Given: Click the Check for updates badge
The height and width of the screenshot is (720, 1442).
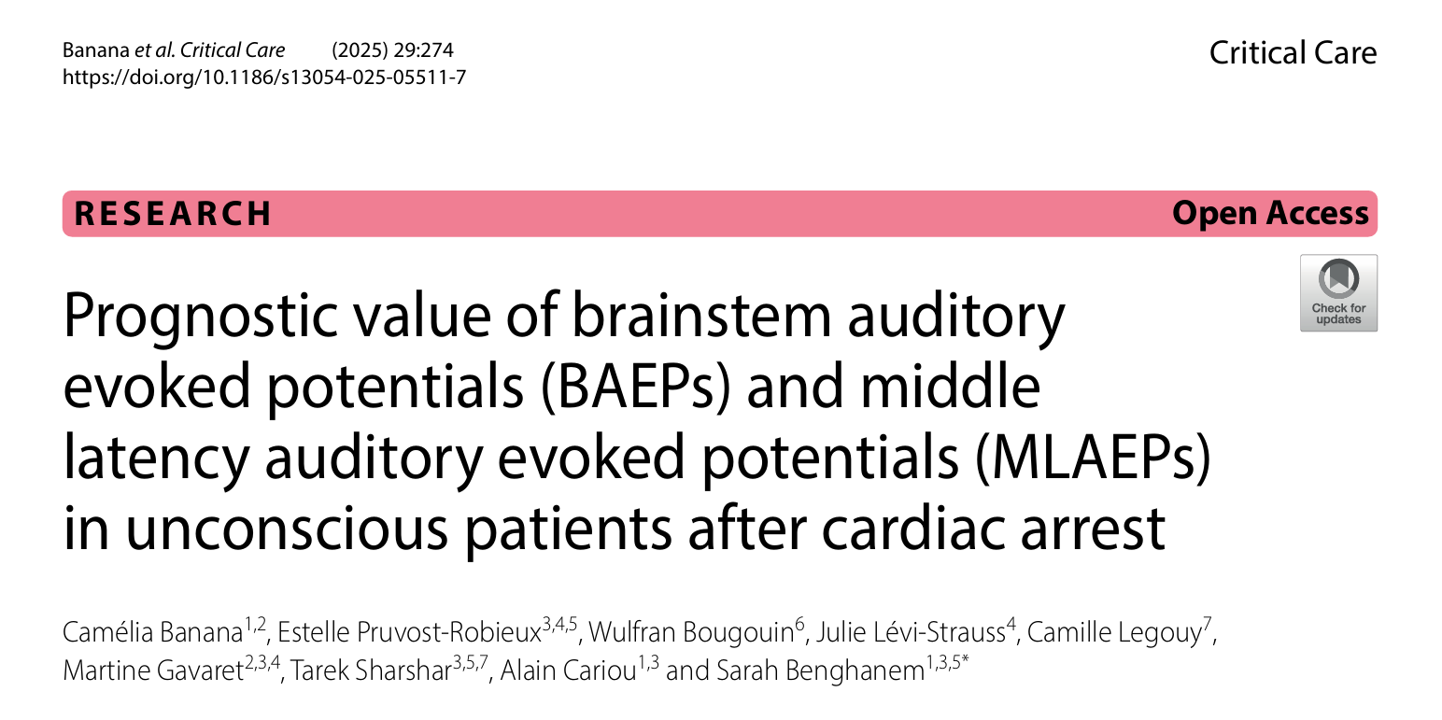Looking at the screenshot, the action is (x=1338, y=292).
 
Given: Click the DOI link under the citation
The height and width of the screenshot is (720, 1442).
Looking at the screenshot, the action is (x=264, y=78).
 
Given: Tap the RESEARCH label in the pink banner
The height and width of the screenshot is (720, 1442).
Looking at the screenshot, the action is (x=173, y=214).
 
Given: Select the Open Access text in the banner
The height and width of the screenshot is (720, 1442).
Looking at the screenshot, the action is (x=1270, y=213).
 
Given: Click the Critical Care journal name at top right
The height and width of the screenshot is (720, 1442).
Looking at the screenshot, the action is (x=1293, y=52).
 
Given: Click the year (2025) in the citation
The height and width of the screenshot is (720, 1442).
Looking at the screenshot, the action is (x=360, y=49).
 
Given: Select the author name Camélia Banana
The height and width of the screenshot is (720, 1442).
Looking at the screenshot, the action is (x=152, y=632).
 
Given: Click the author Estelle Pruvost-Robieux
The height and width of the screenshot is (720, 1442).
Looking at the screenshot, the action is (x=409, y=632).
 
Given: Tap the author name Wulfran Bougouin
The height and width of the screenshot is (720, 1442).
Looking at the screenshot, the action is (x=691, y=632).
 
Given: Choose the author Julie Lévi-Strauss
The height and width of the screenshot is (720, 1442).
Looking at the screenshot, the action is (x=911, y=632).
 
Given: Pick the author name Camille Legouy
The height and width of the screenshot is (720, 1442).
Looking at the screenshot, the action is (x=1114, y=632).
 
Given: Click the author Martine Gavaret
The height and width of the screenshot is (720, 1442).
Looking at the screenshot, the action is (x=153, y=671).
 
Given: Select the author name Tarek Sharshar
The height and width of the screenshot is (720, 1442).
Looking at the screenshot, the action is (x=372, y=671).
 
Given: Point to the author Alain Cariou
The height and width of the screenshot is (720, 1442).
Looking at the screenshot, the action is (x=569, y=671).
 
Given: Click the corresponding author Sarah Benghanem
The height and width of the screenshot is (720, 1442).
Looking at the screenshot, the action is (x=820, y=671).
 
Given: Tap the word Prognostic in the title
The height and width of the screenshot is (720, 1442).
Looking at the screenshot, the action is (x=200, y=316).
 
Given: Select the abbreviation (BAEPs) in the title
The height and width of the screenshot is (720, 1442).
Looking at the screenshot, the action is (x=636, y=386).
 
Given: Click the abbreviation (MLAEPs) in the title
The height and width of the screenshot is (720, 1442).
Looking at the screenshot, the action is (x=1093, y=457).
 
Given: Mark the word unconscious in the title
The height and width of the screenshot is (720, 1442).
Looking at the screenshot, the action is (x=287, y=529).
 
